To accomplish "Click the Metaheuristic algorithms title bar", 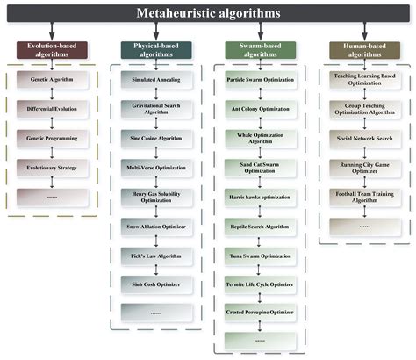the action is [x=208, y=13].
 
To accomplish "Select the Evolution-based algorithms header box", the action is [x=52, y=50].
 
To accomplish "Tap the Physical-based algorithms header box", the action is [x=156, y=50].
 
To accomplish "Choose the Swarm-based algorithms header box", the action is [x=261, y=50].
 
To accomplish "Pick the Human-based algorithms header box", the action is [x=364, y=50].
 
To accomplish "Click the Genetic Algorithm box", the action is [x=52, y=79].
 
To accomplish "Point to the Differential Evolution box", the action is [x=52, y=109].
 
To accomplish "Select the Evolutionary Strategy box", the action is [x=52, y=168].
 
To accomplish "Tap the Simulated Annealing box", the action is [x=156, y=79].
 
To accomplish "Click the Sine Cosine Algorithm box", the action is [x=156, y=138].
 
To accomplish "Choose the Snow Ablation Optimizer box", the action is [x=156, y=227].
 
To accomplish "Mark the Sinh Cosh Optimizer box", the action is [x=156, y=284].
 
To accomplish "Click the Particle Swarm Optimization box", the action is [x=261, y=79].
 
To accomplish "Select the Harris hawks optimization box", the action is [x=260, y=198].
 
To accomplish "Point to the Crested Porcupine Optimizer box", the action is [x=260, y=313].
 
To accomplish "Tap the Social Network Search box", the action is [x=365, y=138].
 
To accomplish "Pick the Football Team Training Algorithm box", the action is [x=365, y=198].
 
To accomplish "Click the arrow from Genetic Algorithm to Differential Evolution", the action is [x=52, y=94].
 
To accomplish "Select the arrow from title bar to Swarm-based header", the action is [x=261, y=32].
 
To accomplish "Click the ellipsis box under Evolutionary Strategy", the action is [x=52, y=198].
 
